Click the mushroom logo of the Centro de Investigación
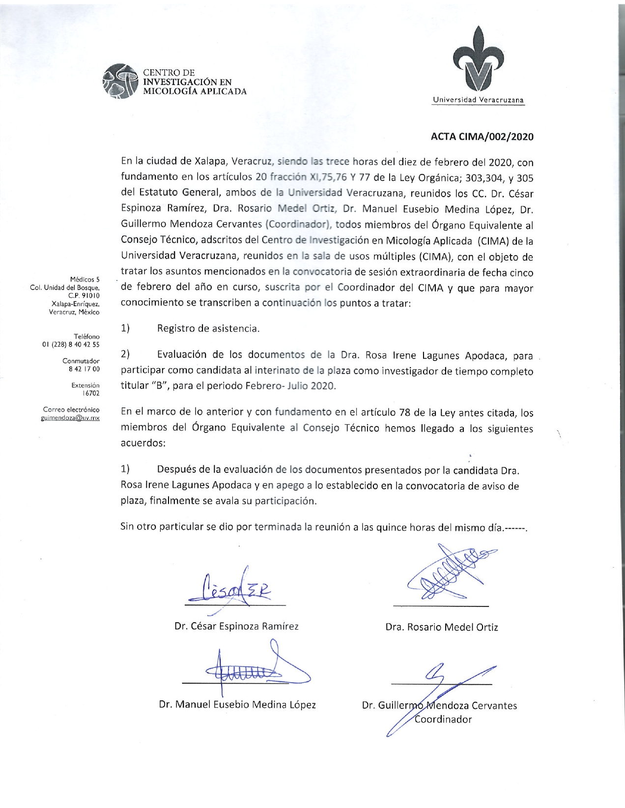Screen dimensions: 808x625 click(x=119, y=81)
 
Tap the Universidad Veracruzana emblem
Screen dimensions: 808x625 click(x=479, y=61)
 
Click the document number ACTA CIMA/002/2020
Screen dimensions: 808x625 click(x=482, y=137)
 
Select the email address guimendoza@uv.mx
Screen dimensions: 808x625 click(x=70, y=418)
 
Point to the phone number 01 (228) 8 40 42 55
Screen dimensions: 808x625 click(x=71, y=345)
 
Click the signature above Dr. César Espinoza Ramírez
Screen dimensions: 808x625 click(x=236, y=588)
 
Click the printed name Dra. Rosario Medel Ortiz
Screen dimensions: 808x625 click(x=442, y=627)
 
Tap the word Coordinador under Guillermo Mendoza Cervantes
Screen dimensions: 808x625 click(x=443, y=720)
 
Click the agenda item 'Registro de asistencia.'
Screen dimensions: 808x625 click(x=208, y=328)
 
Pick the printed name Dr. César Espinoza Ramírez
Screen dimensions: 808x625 click(x=236, y=626)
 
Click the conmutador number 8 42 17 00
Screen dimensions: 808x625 click(x=84, y=369)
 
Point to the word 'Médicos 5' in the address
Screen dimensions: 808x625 click(x=85, y=280)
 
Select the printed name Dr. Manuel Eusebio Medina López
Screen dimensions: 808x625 click(x=237, y=704)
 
